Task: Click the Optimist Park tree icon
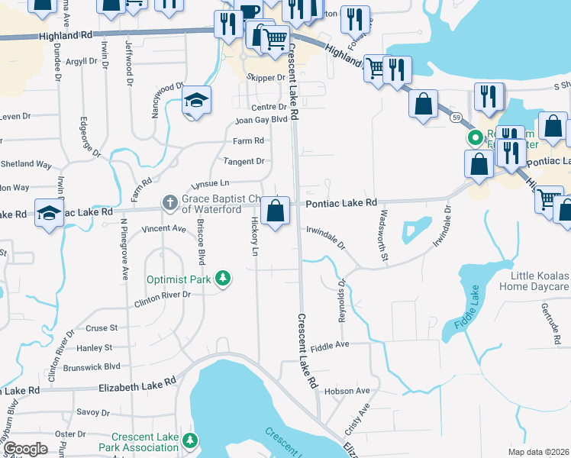click(223, 279)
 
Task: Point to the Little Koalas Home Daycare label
click(534, 281)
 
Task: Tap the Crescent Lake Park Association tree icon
click(191, 440)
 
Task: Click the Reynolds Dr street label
click(342, 299)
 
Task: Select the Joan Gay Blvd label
click(261, 120)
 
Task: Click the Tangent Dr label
click(244, 161)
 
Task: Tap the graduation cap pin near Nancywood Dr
click(197, 102)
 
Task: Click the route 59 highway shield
click(456, 117)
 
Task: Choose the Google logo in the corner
click(25, 449)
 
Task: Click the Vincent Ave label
click(164, 228)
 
